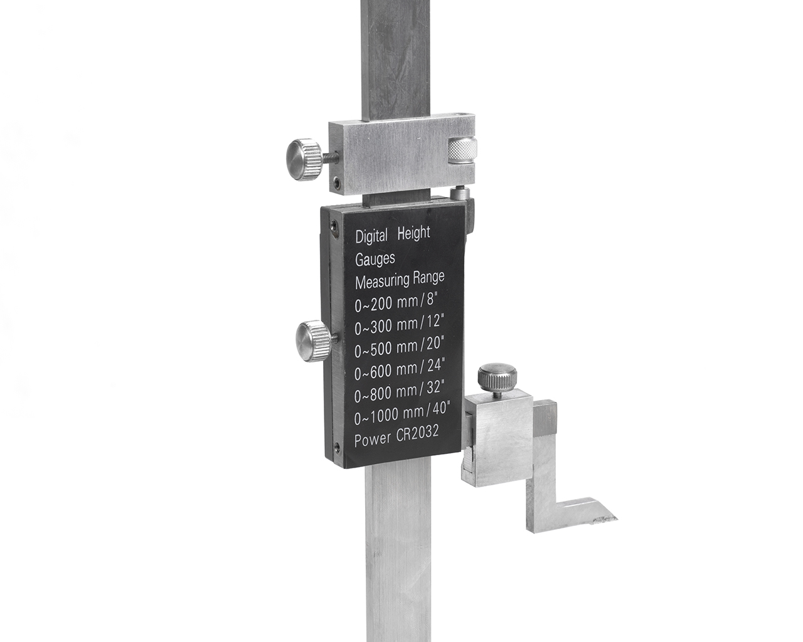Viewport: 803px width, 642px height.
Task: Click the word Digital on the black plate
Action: point(371,236)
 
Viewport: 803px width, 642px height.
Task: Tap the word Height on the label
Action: point(414,233)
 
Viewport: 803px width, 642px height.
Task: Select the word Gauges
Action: point(375,258)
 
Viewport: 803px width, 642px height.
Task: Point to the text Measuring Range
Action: point(400,280)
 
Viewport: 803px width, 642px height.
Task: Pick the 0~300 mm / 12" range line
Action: point(399,325)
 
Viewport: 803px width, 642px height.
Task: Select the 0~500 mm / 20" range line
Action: point(399,347)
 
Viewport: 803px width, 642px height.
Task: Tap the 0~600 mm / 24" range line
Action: point(399,369)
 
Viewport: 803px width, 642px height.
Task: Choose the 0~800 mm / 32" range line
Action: point(399,392)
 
